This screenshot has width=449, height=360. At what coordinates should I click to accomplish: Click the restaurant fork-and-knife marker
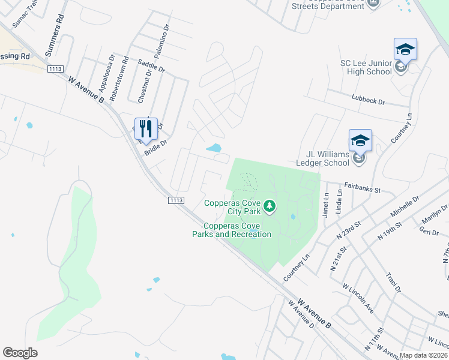pyautogui.click(x=146, y=128)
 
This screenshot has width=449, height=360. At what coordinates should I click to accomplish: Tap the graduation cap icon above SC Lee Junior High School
pyautogui.click(x=405, y=49)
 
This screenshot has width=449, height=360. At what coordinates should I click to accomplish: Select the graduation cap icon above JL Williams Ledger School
pyautogui.click(x=360, y=140)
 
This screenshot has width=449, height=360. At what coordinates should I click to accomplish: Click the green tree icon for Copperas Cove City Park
pyautogui.click(x=270, y=207)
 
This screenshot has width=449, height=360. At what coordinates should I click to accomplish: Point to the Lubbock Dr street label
pyautogui.click(x=367, y=98)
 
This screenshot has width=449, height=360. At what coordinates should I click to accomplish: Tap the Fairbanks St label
pyautogui.click(x=363, y=188)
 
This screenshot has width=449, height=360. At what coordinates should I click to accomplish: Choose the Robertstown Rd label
pyautogui.click(x=125, y=71)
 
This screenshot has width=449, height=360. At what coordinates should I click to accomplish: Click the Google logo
pyautogui.click(x=20, y=353)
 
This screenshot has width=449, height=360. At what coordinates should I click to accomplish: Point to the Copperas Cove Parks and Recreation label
pyautogui.click(x=232, y=230)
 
